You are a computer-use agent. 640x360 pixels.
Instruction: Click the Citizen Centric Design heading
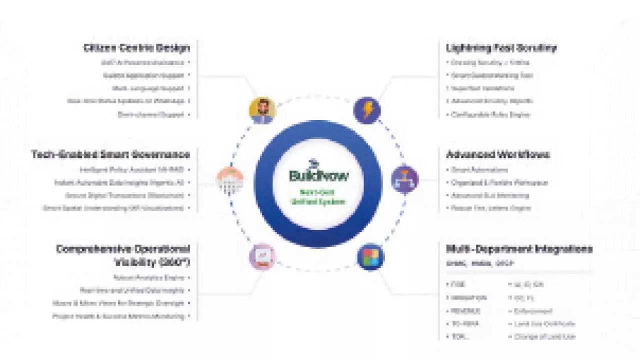coord(136,48)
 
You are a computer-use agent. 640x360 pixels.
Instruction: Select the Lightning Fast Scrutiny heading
coord(501,48)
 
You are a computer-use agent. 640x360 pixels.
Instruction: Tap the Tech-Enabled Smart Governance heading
coord(110,154)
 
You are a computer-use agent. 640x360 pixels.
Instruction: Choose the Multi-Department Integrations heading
coord(519,248)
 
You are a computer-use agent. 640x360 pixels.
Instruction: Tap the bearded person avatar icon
coord(262,110)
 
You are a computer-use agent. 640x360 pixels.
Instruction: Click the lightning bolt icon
coord(367,110)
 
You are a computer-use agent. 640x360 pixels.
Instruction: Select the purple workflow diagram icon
coord(405,179)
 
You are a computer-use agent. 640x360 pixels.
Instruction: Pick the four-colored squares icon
coord(370,257)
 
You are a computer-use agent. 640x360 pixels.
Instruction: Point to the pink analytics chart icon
coord(262,257)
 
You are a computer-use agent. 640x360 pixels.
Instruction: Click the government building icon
coord(230,179)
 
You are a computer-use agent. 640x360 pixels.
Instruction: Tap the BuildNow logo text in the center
coord(319,175)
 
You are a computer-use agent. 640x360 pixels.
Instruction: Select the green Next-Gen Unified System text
coord(319,196)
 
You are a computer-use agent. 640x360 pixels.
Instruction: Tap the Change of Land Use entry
coord(544,336)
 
